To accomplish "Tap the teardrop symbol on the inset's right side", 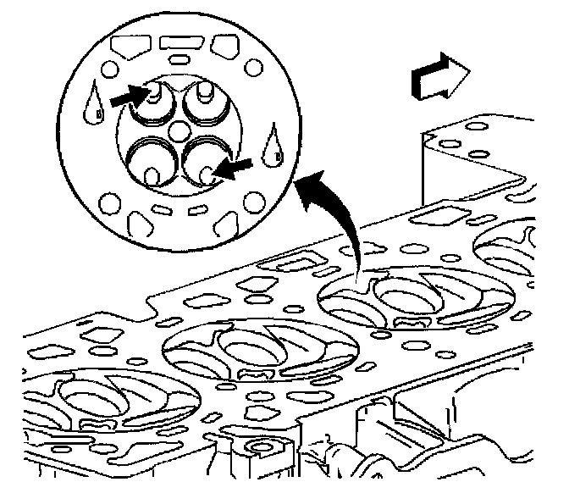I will (273, 144).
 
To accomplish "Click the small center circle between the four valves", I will (180, 133).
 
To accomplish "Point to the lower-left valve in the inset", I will (149, 163).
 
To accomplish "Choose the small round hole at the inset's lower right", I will (252, 202).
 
